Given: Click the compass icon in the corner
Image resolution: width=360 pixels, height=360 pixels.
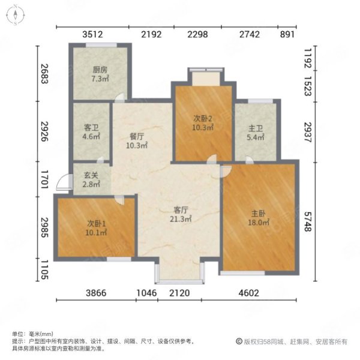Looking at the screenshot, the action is tap(15, 15).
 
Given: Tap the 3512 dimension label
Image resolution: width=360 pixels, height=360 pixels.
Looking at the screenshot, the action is tap(93, 34).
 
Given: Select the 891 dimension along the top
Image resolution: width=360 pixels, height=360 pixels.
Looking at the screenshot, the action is tap(287, 34).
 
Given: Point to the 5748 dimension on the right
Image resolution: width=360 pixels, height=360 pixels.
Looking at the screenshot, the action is tap(308, 221).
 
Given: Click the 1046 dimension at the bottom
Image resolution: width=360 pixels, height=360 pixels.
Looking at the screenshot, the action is tap(147, 293).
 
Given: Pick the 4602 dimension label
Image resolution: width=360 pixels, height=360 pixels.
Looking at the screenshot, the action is tap(249, 293).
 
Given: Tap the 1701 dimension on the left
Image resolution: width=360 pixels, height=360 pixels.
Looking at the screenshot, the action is tap(44, 179).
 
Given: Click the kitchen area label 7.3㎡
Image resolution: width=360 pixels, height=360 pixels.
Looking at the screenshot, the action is tap(100, 79).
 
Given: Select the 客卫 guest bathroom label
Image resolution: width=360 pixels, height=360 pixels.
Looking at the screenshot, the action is tap(91, 127).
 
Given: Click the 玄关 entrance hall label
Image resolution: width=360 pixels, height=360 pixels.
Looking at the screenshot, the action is tap(91, 175).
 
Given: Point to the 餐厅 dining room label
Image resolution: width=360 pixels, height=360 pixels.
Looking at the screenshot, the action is tap(137, 137).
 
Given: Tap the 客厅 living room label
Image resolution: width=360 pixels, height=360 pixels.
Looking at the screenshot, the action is tap(181, 210).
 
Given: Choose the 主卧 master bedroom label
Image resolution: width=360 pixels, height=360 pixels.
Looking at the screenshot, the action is tap(259, 214).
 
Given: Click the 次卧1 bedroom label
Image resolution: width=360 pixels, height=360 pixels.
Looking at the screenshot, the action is tap(97, 223).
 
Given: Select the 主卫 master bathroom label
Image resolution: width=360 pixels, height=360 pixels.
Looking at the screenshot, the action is tap(256, 128).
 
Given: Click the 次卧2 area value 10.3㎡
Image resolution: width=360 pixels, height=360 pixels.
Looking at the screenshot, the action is tap(203, 127).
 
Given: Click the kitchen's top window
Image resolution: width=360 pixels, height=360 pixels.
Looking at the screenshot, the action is tap(101, 45).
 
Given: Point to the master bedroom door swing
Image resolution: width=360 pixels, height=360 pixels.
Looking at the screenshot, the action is tap(226, 171).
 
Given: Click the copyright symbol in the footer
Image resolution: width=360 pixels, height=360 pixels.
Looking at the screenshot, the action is tap(239, 341).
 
